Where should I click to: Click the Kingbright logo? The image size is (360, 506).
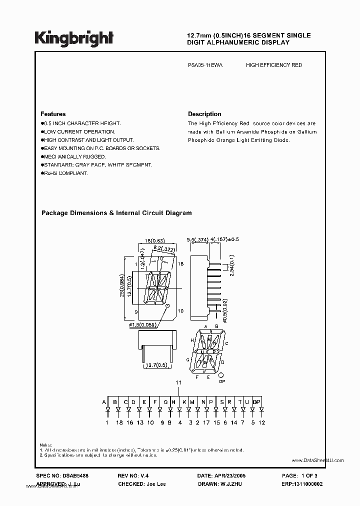tap(74, 38)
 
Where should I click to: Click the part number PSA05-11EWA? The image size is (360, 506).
tap(205, 65)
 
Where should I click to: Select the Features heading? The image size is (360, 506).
tap(53, 114)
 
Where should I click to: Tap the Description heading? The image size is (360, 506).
tap(204, 114)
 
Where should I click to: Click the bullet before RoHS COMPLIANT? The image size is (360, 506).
tap(42, 173)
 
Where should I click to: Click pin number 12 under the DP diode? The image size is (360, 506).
tap(262, 422)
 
